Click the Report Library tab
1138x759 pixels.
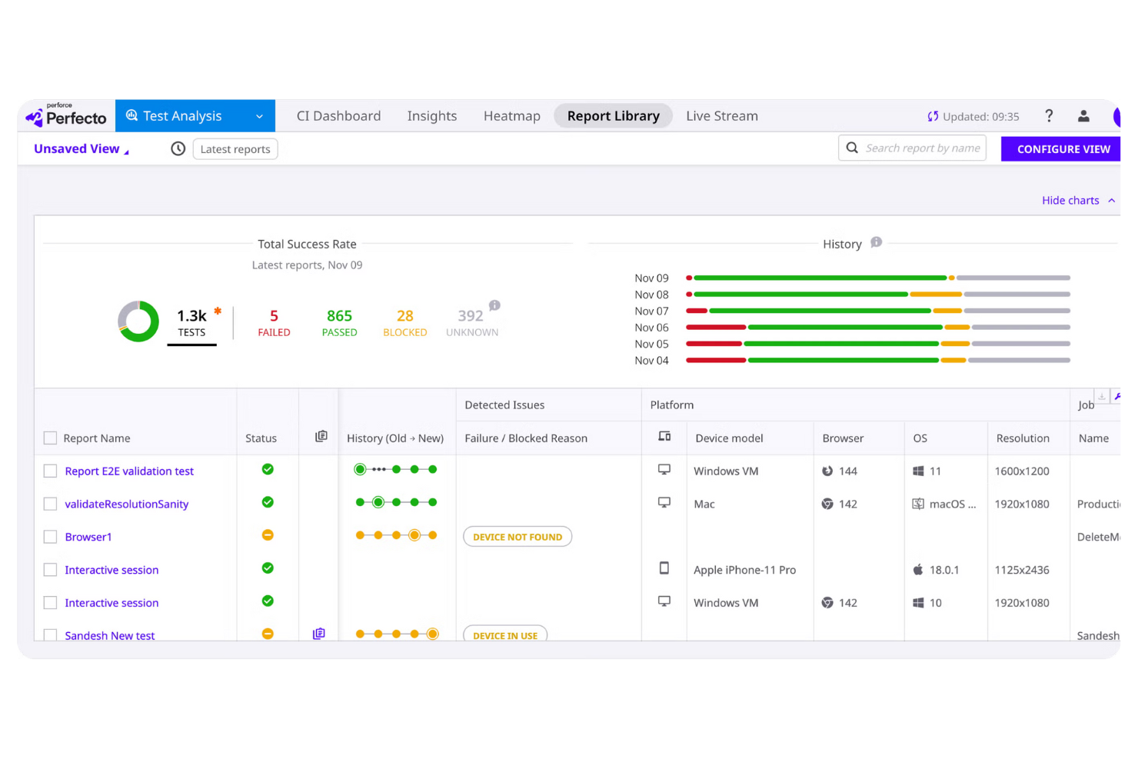point(613,116)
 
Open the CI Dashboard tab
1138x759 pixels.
point(338,116)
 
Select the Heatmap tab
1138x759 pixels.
point(511,116)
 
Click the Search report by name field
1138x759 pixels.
point(922,148)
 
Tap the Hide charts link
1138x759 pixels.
point(1070,201)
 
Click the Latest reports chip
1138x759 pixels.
point(235,149)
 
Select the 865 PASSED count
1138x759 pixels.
point(339,322)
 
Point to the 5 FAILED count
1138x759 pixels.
point(274,322)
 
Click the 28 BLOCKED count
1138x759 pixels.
point(404,322)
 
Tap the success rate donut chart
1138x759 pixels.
point(138,321)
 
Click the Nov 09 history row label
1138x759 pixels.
point(651,278)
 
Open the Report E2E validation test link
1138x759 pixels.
point(129,471)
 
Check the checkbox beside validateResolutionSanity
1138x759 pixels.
point(51,504)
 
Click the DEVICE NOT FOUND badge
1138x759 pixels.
point(517,537)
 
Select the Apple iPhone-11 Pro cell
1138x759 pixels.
point(744,571)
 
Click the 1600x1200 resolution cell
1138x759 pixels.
point(1022,471)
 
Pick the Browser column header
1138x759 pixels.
point(843,438)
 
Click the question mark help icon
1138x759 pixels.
point(1049,116)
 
